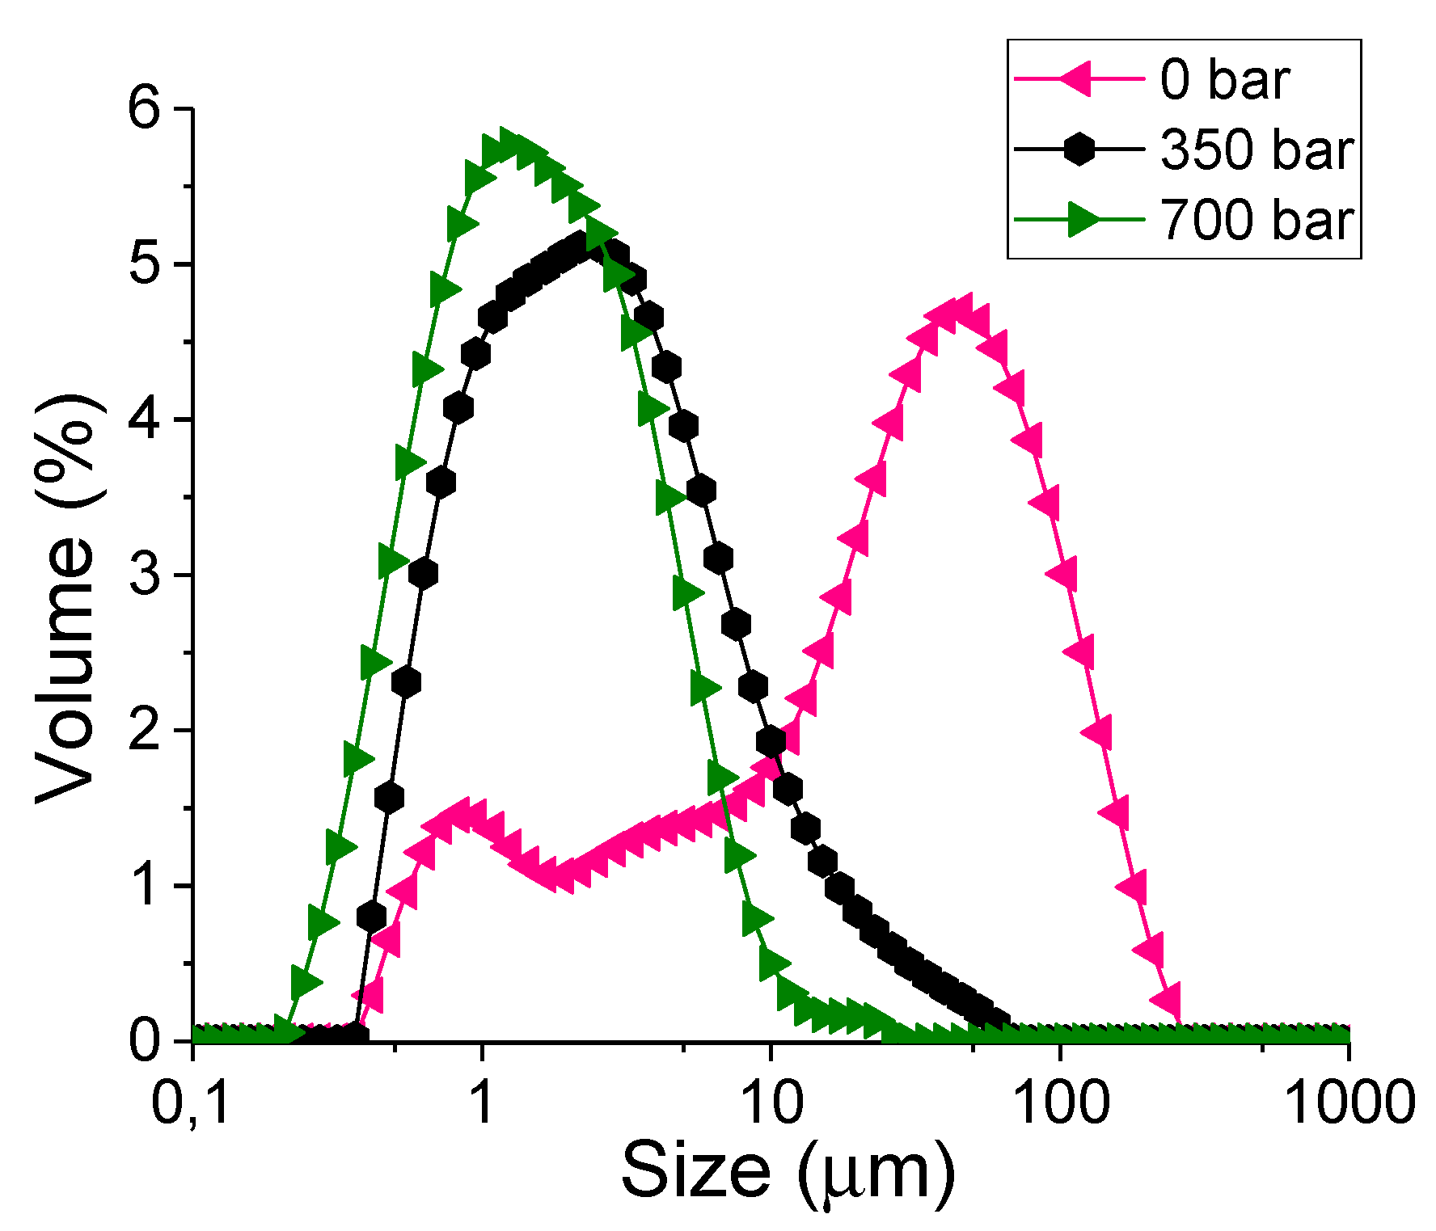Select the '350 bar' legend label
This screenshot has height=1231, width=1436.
(1256, 150)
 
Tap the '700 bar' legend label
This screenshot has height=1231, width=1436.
(1256, 220)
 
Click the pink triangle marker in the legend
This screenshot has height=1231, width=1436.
(1078, 79)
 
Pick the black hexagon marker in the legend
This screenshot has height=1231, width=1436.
(1079, 150)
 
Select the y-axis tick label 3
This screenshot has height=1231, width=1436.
(146, 574)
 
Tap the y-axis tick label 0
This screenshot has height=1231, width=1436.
(146, 1040)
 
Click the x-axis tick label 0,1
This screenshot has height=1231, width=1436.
(192, 1102)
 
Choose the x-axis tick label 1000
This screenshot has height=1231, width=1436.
(1349, 1102)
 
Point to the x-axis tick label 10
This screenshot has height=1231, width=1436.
(771, 1102)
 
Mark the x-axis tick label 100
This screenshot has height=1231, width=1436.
(1060, 1102)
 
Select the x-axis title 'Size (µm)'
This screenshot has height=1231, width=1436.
(788, 1172)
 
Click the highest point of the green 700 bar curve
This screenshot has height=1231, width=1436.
(509, 144)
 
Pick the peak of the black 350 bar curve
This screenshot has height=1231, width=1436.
(579, 245)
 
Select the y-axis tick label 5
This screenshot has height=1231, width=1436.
(146, 263)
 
